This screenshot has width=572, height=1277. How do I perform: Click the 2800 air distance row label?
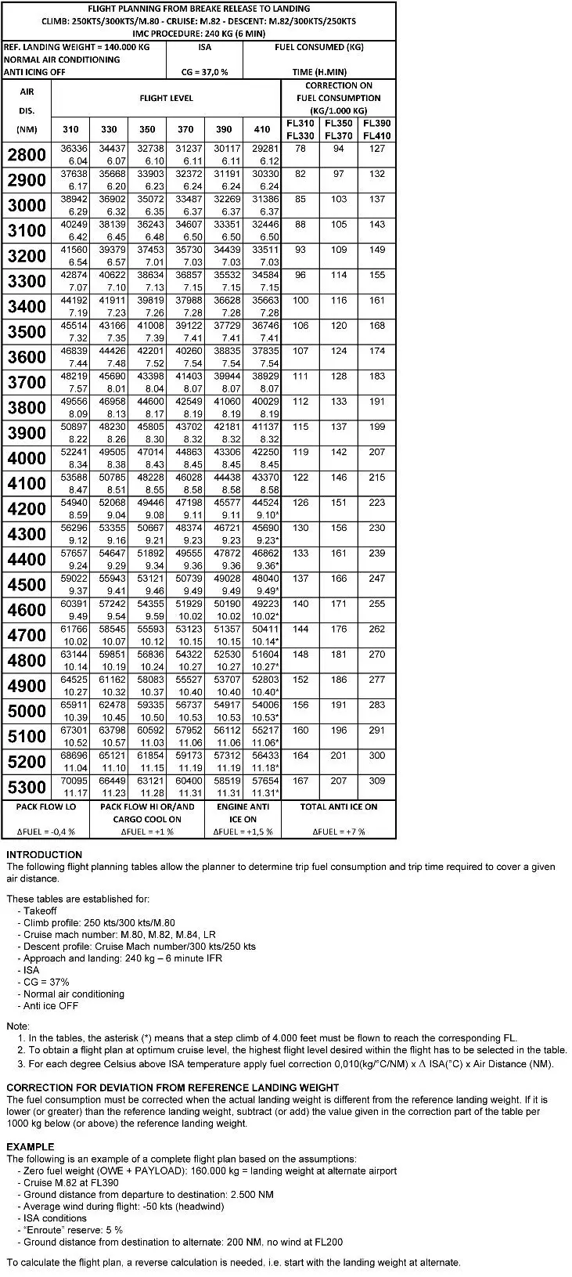coord(27,154)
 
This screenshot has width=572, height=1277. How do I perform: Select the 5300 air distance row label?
coord(27,787)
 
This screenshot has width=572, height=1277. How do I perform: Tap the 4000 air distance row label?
coord(27,458)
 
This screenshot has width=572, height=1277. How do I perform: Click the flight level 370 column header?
coord(185,129)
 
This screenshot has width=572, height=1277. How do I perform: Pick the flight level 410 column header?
coord(262,129)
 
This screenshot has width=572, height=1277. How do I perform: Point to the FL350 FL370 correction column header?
coord(339,129)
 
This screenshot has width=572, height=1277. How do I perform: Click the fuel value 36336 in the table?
coord(74,148)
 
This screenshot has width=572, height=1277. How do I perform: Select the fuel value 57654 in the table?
coord(265,781)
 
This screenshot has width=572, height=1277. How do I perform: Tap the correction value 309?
coord(377,781)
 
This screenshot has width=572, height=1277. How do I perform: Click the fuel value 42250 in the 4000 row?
coord(265,453)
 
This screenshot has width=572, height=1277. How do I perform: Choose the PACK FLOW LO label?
coord(47,806)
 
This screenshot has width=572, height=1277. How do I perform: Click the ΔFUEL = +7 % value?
coord(339,831)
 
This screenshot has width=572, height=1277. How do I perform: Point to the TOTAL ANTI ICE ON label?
coord(339,806)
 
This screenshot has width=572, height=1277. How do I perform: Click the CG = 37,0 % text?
coord(204,72)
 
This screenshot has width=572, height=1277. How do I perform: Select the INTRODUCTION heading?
coord(44,854)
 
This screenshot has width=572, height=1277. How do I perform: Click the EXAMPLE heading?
coord(31,1146)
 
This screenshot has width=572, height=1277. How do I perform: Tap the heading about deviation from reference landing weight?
coord(173,1088)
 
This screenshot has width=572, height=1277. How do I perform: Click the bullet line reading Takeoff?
coord(40,911)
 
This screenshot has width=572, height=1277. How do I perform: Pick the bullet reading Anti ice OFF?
coord(51,1005)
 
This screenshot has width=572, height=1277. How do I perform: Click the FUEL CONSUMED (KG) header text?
coord(319,47)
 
